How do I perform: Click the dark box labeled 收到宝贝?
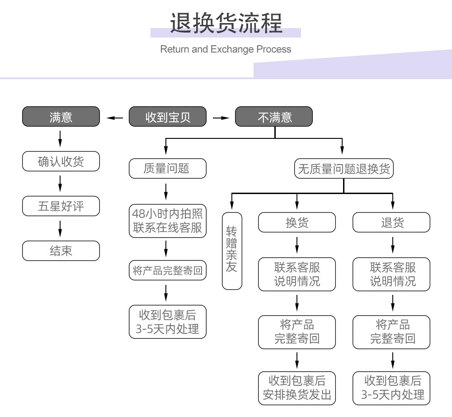(x=167, y=117)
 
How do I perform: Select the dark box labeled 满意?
(x=61, y=117)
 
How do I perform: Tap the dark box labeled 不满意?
(x=274, y=117)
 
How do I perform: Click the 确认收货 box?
(x=61, y=161)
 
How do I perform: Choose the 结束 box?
(x=61, y=251)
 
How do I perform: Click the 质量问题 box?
(x=167, y=169)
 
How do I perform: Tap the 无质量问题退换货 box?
(x=344, y=169)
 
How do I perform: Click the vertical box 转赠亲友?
(x=232, y=251)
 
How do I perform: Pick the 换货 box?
(x=297, y=223)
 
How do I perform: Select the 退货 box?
(x=391, y=223)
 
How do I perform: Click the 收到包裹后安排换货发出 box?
(x=297, y=388)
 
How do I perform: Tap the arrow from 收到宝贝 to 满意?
(x=114, y=118)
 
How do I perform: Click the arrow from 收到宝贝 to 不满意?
(x=221, y=118)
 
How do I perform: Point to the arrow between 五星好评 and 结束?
(x=60, y=228)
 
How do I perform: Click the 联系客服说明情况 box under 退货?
(x=391, y=274)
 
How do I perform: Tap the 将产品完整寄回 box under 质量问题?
(x=167, y=271)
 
